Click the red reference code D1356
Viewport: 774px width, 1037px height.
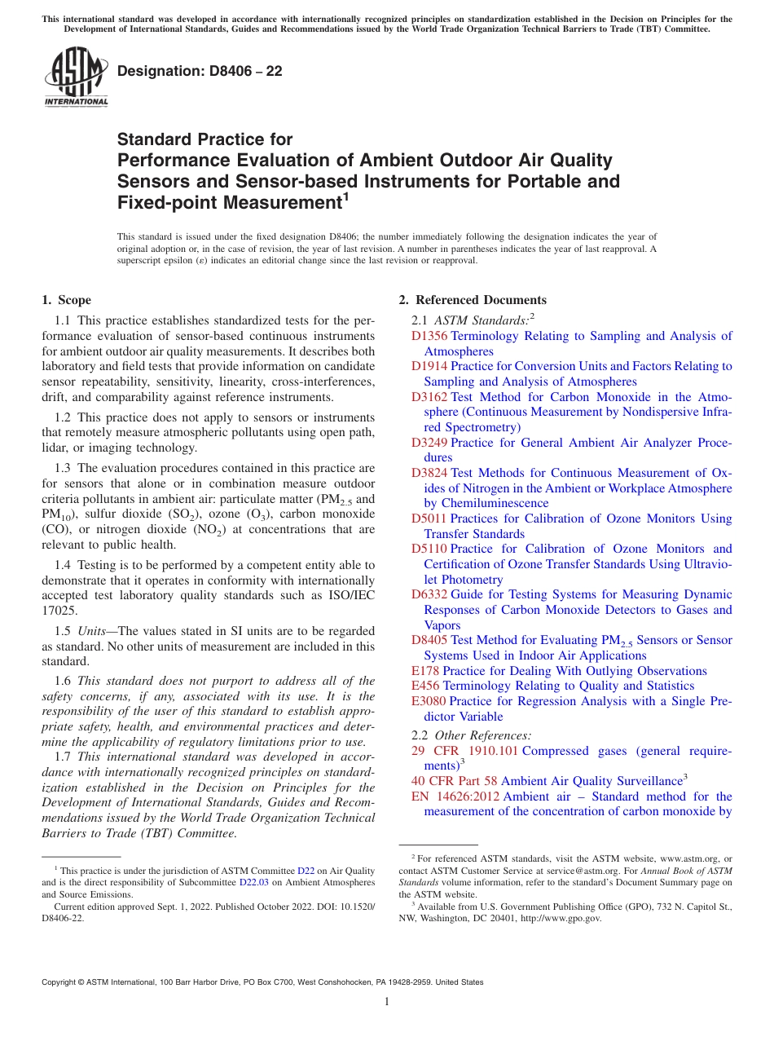(429, 336)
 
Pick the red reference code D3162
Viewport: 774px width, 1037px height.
(429, 397)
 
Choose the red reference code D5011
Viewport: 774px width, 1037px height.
(429, 518)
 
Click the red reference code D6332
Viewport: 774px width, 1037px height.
(429, 594)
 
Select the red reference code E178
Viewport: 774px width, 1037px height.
(425, 671)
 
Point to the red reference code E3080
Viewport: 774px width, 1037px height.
(429, 701)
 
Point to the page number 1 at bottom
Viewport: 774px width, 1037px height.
(387, 1002)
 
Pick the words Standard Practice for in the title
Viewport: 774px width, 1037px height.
(204, 139)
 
